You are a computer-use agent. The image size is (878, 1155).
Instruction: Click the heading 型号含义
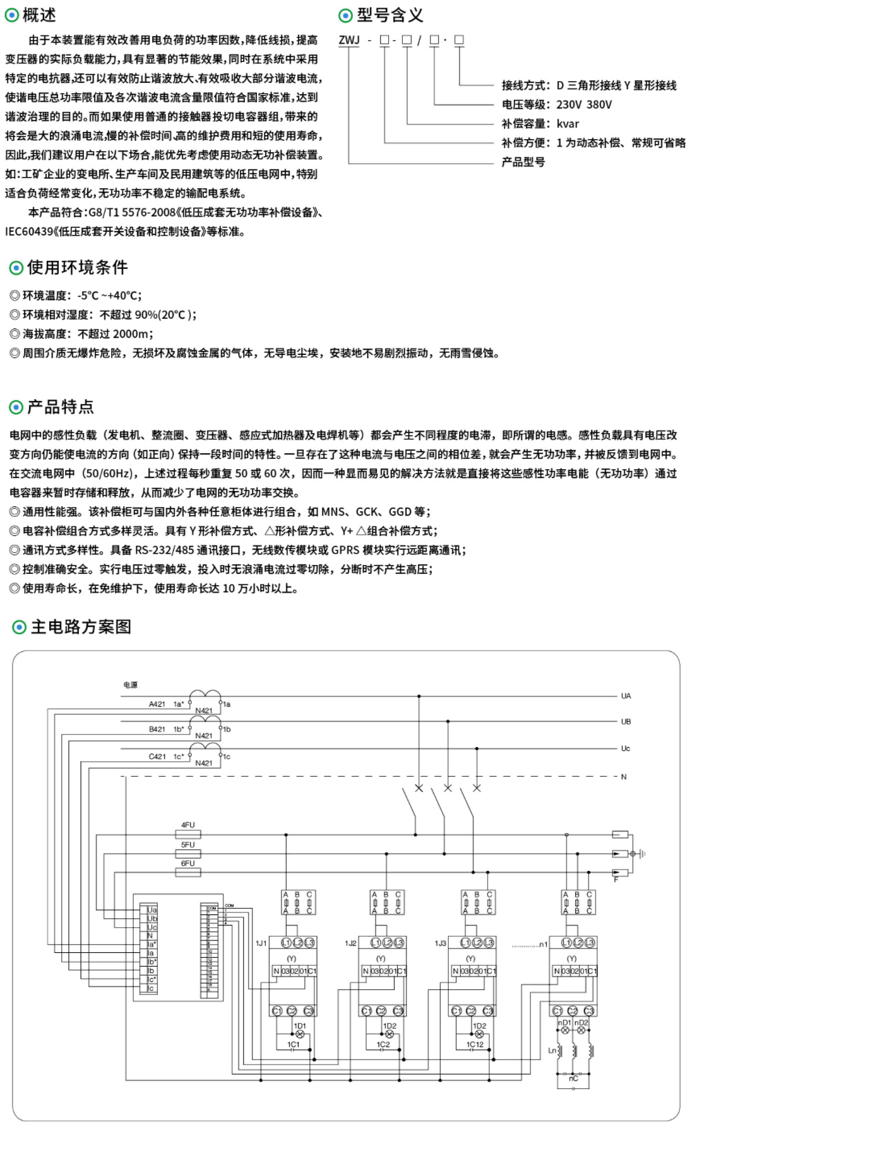(389, 15)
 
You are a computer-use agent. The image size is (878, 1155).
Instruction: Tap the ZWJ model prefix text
(349, 40)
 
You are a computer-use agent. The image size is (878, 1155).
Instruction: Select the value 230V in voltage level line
(569, 104)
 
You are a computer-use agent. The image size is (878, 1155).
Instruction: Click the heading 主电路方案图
(81, 627)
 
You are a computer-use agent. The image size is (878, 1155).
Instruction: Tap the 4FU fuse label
(188, 825)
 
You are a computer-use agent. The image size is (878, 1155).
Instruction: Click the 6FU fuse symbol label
(188, 863)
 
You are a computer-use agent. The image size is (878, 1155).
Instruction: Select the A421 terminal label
(157, 704)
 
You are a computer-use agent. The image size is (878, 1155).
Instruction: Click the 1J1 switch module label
(261, 943)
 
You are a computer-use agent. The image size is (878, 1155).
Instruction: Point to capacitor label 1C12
(475, 1044)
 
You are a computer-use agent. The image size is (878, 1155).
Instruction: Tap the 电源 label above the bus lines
(130, 685)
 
